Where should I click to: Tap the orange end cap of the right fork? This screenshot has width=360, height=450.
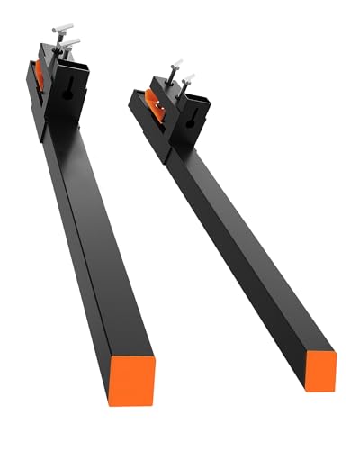tap(319, 370)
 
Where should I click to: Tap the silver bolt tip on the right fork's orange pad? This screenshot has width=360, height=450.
tap(161, 106)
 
